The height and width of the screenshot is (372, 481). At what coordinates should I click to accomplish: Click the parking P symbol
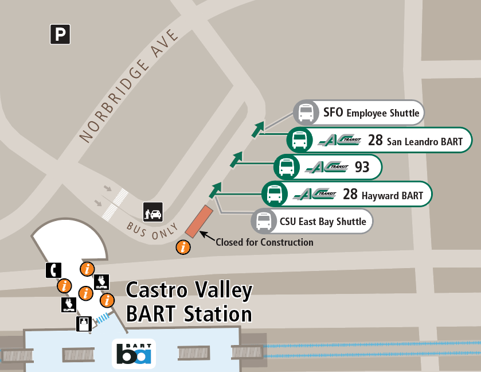click(x=60, y=35)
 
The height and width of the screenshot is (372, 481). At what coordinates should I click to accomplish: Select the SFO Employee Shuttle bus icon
click(x=306, y=113)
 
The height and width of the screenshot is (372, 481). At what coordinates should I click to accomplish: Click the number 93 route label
click(x=362, y=167)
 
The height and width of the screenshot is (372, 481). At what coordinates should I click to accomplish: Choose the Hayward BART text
click(x=392, y=196)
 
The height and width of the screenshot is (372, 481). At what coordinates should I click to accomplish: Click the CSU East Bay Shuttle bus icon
click(x=264, y=221)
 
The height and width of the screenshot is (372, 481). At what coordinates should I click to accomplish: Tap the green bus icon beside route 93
click(x=287, y=167)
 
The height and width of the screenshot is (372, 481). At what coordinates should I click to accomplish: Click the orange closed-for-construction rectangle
click(x=198, y=221)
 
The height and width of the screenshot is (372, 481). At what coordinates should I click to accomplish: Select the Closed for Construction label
click(x=264, y=242)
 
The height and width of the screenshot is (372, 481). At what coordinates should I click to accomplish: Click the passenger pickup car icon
click(x=153, y=211)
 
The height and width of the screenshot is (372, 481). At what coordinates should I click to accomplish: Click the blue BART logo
click(x=134, y=353)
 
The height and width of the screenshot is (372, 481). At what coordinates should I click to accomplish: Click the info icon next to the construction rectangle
click(x=183, y=247)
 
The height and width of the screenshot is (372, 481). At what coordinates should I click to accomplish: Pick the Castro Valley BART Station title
click(x=189, y=301)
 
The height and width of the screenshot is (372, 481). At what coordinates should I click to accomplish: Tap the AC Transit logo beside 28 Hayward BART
click(x=315, y=194)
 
